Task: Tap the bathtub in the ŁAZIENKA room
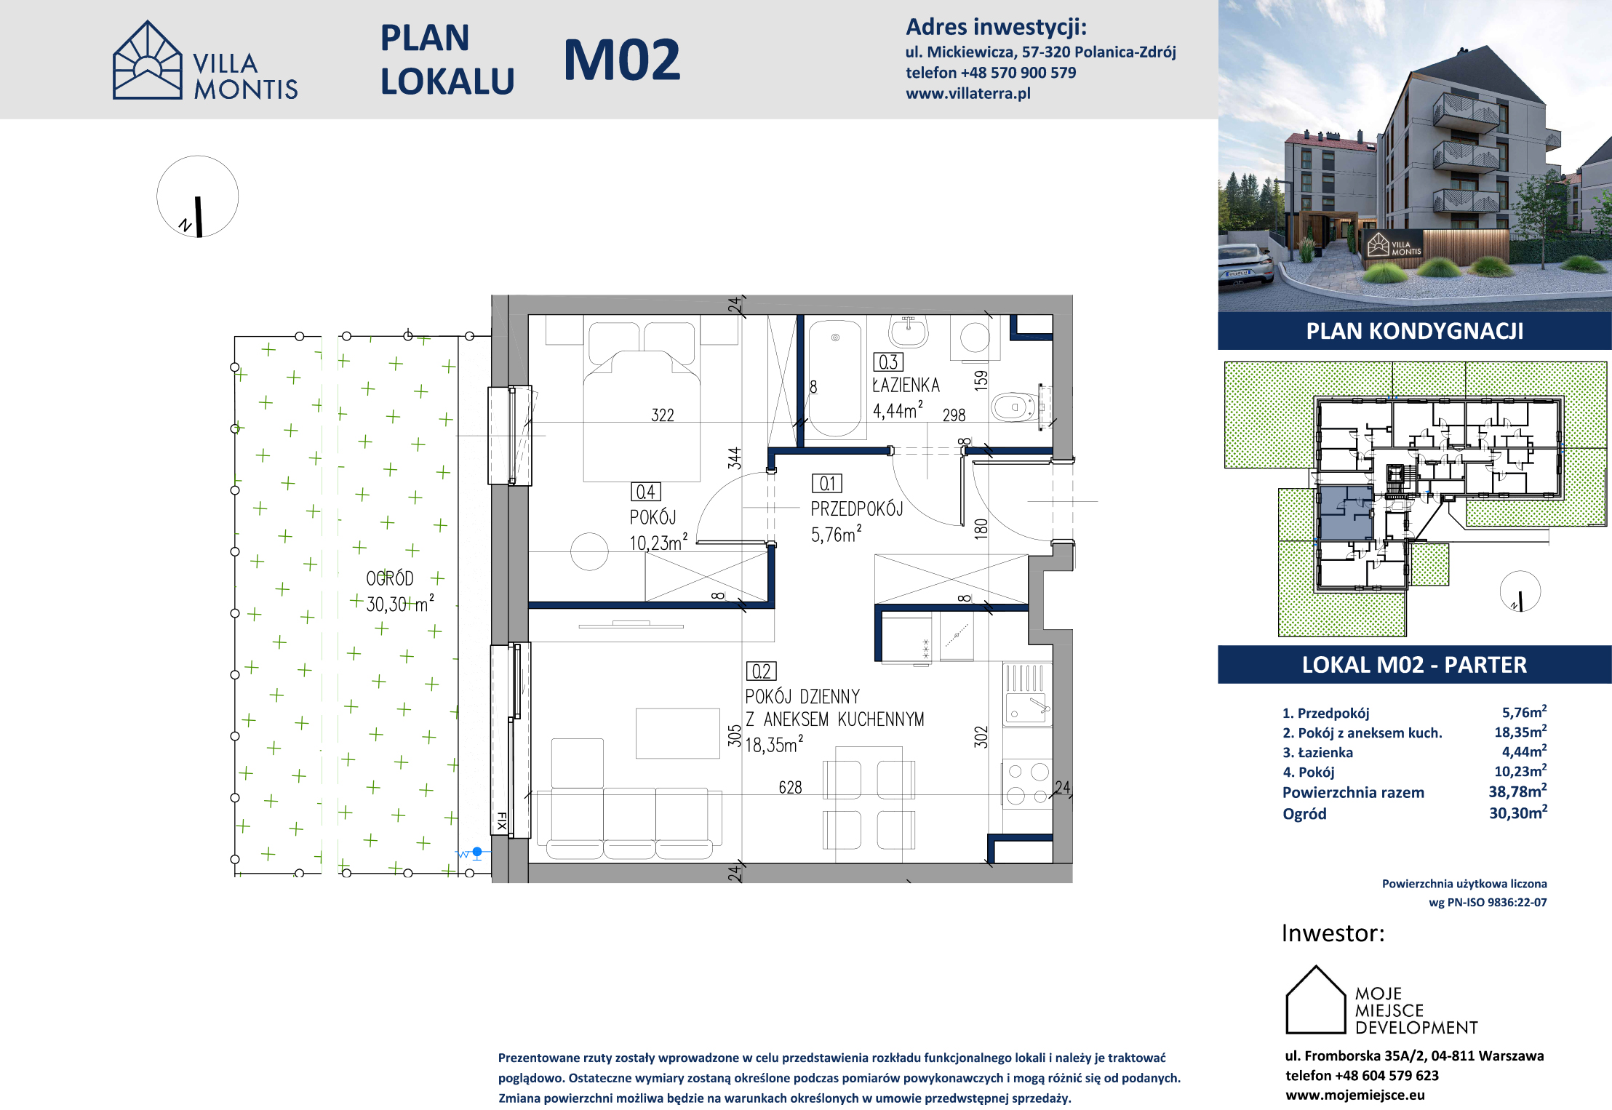[x=835, y=378]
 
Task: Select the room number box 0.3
[x=887, y=362]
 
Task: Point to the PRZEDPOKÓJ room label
[x=857, y=509]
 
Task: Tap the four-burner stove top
[x=1027, y=784]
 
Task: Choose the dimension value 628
[x=790, y=788]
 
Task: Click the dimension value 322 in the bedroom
[x=663, y=415]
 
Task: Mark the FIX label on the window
[x=501, y=822]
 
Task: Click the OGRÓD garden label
[x=390, y=578]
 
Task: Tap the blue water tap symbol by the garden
[x=476, y=853]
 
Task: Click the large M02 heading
[x=622, y=60]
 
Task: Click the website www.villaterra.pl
[x=968, y=93]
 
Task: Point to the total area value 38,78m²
[x=1517, y=791]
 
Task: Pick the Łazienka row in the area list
[x=1414, y=752]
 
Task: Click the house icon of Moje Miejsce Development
[x=1316, y=999]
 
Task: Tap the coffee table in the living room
[x=678, y=734]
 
